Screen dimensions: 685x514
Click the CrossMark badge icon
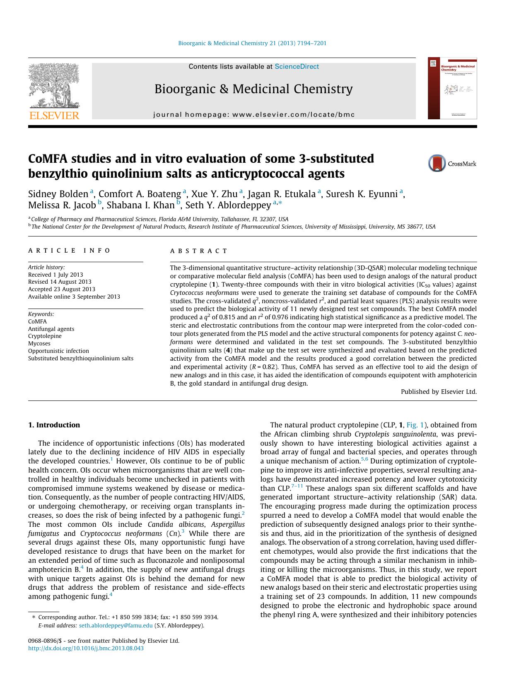[437, 164]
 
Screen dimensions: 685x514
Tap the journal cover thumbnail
[452, 88]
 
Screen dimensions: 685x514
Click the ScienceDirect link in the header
[297, 67]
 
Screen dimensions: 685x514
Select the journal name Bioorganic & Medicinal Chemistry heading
[253, 89]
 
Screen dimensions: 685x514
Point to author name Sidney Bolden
[58, 194]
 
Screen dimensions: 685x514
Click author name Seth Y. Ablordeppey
[228, 205]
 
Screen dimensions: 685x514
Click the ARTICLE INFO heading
[69, 251]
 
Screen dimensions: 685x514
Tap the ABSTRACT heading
[199, 251]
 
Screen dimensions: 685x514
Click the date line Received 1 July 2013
[56, 275]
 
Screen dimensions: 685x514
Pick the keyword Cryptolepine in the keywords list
[45, 336]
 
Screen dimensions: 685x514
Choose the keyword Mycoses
[39, 343]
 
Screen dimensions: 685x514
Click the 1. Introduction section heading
[54, 425]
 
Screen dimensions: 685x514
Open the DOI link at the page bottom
[86, 648]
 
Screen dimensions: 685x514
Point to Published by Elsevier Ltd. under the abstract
[439, 391]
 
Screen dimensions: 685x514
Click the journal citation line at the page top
[252, 43]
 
